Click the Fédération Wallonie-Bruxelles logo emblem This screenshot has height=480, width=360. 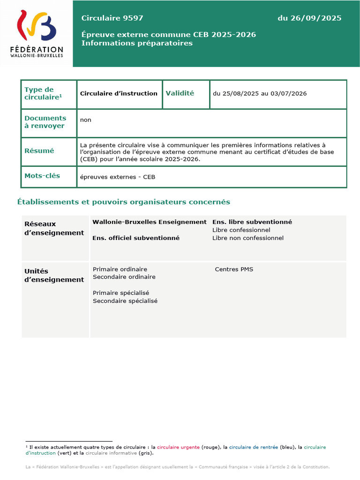(37, 25)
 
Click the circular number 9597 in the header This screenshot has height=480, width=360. (133, 18)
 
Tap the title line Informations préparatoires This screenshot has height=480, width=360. (137, 43)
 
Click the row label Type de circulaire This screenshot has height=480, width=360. (43, 93)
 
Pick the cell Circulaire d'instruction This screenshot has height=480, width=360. (119, 93)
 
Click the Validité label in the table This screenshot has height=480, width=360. (180, 93)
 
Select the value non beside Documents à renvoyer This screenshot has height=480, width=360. (86, 120)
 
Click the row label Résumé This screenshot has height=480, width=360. (39, 151)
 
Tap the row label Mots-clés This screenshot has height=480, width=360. (42, 176)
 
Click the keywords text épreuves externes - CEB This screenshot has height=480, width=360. (117, 177)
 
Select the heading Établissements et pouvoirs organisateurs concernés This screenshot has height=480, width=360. (124, 202)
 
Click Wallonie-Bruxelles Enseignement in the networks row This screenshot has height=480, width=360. (149, 222)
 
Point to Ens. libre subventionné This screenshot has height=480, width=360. (252, 222)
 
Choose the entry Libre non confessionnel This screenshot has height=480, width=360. (247, 238)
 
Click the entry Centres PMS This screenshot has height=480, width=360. (234, 269)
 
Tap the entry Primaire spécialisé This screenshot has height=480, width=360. (121, 293)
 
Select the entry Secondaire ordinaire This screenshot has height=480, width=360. (124, 277)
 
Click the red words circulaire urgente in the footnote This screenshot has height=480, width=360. (178, 447)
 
